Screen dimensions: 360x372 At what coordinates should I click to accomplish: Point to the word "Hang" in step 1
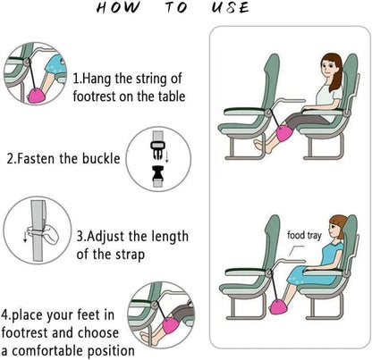[106, 79]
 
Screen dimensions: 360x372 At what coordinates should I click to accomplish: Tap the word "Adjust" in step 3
[114, 237]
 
